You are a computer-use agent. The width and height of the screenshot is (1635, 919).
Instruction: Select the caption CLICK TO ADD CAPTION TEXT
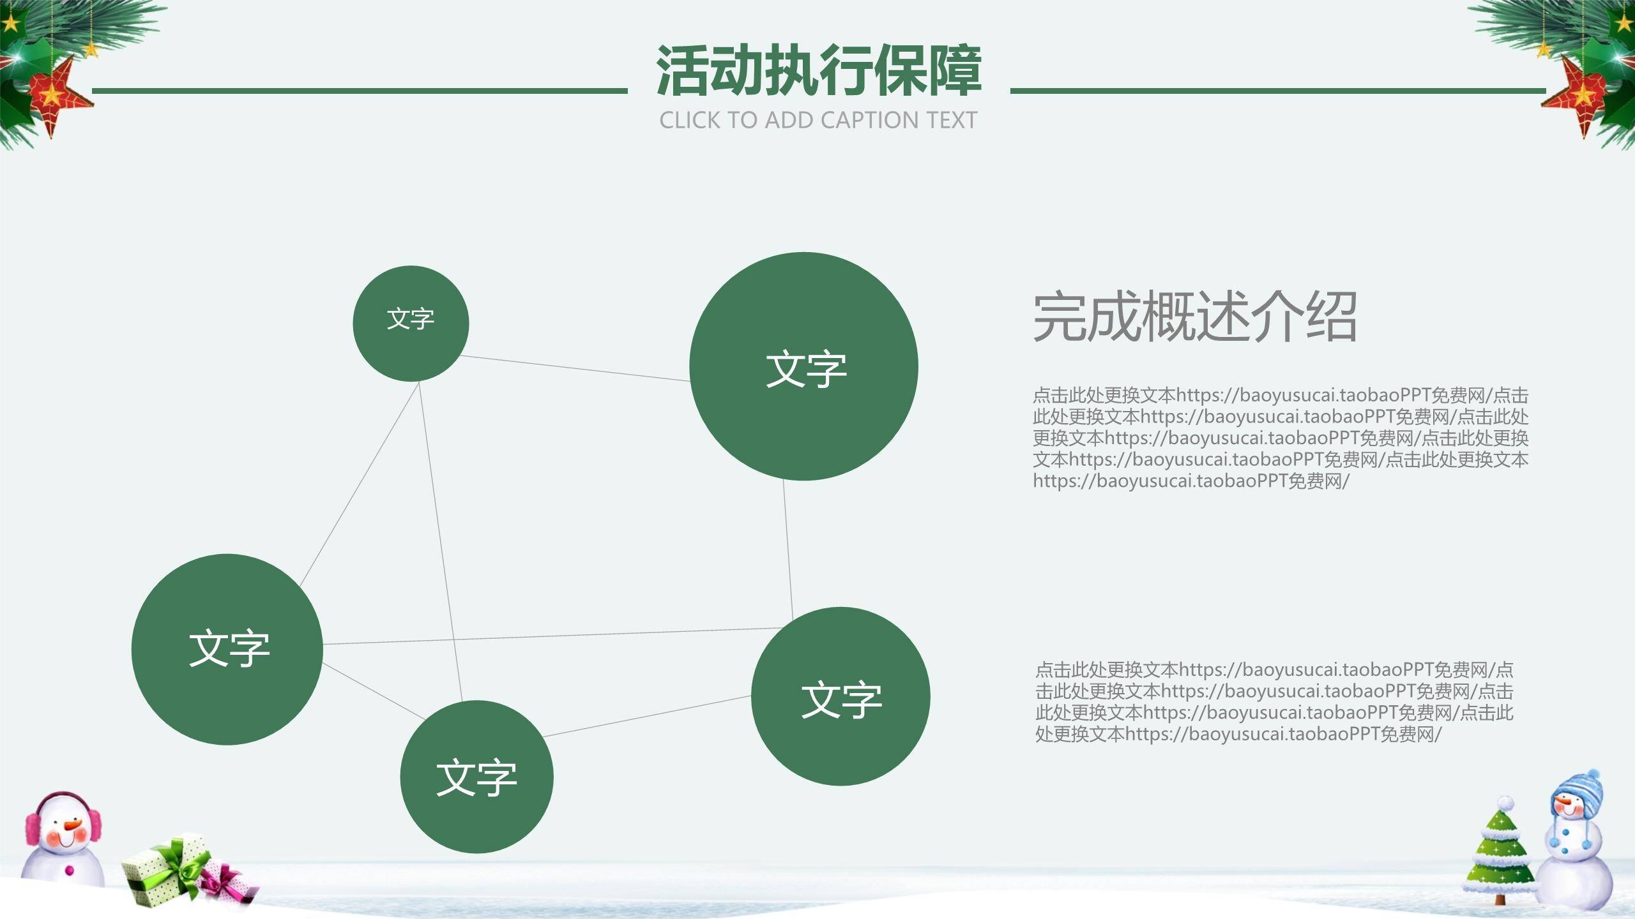[818, 120]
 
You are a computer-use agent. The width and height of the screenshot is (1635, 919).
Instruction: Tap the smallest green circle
[411, 324]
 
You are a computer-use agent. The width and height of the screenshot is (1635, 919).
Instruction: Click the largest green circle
[803, 366]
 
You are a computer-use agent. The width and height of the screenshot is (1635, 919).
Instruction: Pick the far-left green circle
[227, 649]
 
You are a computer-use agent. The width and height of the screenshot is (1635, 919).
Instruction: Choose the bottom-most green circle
[476, 777]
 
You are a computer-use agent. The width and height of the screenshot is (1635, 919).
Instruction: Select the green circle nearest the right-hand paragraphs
[840, 696]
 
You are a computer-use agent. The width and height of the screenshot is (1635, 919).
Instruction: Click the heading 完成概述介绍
[1194, 317]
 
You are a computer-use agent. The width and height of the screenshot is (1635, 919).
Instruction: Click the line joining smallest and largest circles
[575, 368]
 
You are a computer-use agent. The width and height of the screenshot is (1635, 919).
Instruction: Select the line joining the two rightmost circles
[788, 549]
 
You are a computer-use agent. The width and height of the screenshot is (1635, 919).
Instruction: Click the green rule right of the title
[1277, 91]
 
